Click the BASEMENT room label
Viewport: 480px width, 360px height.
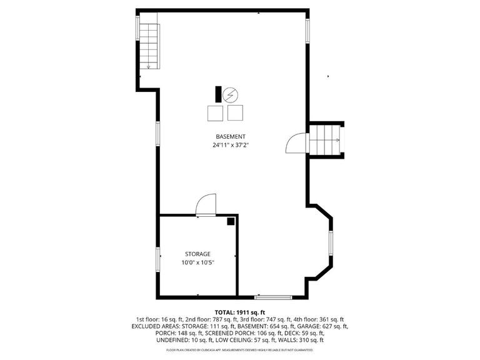(231, 137)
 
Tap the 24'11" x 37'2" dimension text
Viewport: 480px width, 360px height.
(231, 146)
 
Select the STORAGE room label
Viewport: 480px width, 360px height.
(197, 254)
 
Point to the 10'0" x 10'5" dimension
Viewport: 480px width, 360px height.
(197, 262)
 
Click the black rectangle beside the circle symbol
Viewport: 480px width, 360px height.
(218, 94)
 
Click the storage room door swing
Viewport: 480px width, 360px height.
(206, 204)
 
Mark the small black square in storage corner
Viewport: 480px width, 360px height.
(231, 221)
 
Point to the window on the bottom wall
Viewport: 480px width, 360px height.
(273, 296)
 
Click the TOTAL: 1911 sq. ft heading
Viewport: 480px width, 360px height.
(240, 312)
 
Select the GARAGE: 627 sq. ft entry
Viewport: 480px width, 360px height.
(327, 326)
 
